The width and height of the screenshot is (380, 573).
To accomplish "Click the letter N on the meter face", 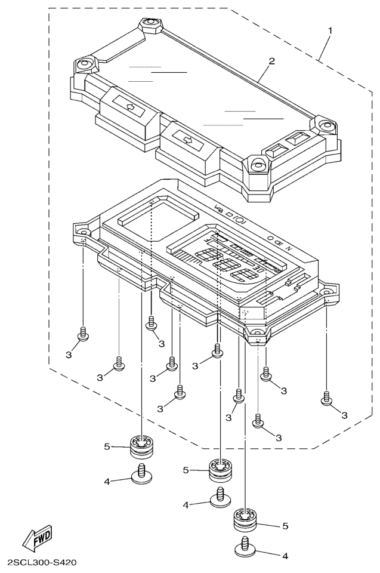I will pyautogui.click(x=288, y=247).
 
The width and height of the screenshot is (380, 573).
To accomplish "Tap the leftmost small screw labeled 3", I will pyautogui.click(x=84, y=333).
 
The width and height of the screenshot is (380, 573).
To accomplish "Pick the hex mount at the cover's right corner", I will pyautogui.click(x=326, y=125).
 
